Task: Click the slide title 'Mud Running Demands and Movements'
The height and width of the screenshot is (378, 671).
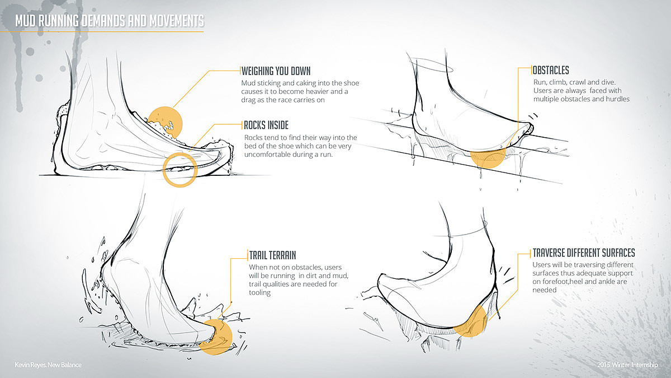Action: coord(110,21)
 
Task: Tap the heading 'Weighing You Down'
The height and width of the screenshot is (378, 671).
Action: coord(276,71)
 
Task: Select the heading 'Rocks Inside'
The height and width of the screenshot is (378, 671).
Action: coord(266,125)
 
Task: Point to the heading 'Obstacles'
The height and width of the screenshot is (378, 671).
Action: coord(551,71)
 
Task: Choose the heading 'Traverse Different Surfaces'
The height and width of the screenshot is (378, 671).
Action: coord(583,253)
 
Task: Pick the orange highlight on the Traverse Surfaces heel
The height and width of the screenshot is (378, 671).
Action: coord(471,320)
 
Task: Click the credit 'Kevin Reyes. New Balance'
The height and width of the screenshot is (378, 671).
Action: coord(49,365)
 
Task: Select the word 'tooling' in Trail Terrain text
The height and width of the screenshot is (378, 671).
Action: coord(260,293)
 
